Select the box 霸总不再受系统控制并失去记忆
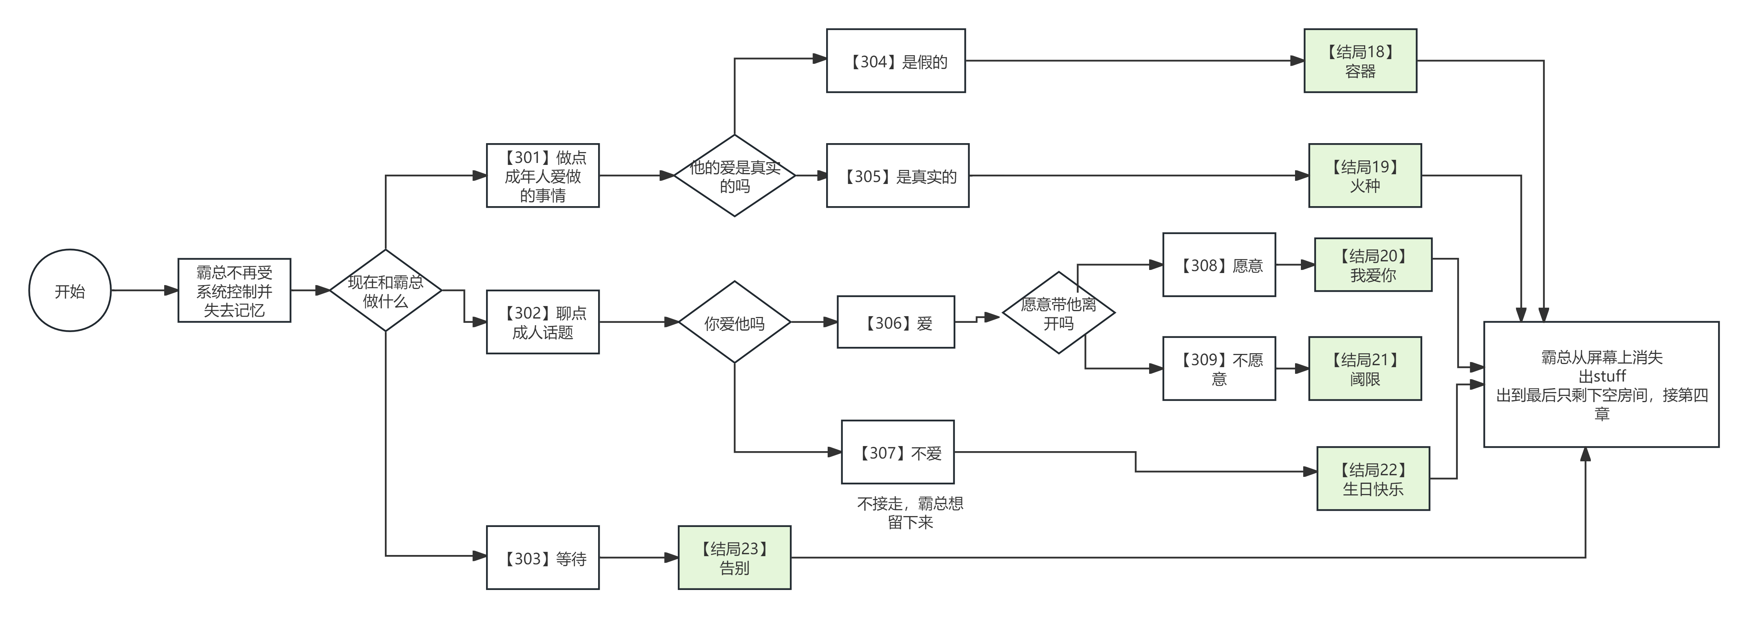point(234,291)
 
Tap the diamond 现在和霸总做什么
point(385,291)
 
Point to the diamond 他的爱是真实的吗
point(734,176)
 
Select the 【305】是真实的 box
point(897,176)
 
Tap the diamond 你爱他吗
point(734,322)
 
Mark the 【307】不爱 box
point(897,452)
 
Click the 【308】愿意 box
point(1219,264)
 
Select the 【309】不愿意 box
point(1219,368)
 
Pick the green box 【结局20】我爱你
point(1373,264)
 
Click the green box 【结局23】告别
point(734,558)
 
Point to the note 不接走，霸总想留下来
point(910,513)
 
